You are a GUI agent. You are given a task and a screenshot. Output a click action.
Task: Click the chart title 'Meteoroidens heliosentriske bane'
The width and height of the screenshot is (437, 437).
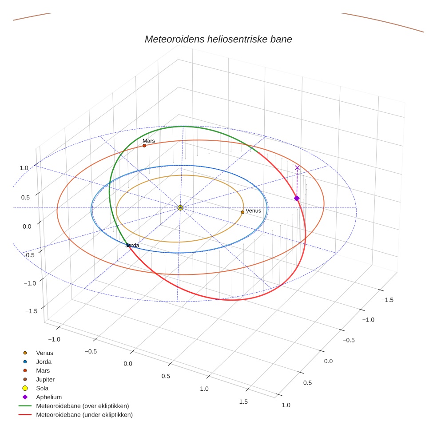218,39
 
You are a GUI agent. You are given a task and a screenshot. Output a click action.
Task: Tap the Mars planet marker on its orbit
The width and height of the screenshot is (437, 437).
144,146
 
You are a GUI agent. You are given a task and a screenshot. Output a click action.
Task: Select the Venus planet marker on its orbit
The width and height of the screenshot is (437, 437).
242,212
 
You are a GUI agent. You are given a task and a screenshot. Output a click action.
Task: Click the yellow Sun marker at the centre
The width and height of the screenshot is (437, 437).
180,208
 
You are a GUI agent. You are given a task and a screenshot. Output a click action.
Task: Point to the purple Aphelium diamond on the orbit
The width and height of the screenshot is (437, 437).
297,198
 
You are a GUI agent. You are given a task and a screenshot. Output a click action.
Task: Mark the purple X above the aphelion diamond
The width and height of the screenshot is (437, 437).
297,168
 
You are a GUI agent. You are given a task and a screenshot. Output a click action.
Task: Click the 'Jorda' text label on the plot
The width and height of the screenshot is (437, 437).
133,246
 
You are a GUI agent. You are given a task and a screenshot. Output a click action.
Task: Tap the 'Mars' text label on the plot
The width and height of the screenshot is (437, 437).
148,141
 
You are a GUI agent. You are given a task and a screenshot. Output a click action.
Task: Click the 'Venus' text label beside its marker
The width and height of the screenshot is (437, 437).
253,211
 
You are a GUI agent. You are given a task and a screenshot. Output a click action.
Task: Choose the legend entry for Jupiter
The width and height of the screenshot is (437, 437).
45,379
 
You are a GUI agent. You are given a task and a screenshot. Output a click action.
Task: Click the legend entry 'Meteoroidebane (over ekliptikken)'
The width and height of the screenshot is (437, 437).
82,406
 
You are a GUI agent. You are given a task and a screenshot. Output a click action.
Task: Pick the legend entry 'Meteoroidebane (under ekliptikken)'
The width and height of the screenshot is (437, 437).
84,415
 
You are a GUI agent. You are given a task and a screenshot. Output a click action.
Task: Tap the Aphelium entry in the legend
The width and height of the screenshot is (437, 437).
48,397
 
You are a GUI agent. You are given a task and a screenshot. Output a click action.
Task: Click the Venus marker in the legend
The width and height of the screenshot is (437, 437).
25,353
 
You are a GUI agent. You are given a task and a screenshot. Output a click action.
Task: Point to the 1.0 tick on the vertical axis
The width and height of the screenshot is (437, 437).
24,168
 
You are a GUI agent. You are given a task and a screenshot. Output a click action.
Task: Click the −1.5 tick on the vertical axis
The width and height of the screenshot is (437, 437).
31,311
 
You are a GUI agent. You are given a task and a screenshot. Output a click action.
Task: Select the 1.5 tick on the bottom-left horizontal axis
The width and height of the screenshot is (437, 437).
243,401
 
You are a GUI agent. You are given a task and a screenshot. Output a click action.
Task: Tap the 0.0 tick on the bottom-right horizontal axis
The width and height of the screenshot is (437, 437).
328,361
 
